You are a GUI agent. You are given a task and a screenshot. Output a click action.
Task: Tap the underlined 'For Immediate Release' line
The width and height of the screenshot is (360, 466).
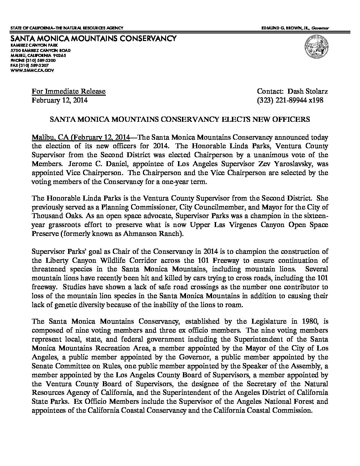[x=68, y=91]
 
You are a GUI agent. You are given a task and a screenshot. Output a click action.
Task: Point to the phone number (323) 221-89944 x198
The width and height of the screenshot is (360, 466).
[x=290, y=100]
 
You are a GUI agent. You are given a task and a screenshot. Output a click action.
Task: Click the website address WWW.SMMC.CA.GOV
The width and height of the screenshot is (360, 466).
[x=32, y=70]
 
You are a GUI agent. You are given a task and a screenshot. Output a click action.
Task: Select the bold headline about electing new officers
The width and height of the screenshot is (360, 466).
[x=180, y=119]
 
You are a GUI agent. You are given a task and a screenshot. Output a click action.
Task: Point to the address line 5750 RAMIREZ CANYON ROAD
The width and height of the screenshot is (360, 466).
[x=40, y=50]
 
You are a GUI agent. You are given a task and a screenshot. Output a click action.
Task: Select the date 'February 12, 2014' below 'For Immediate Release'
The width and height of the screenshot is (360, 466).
[x=60, y=100]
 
